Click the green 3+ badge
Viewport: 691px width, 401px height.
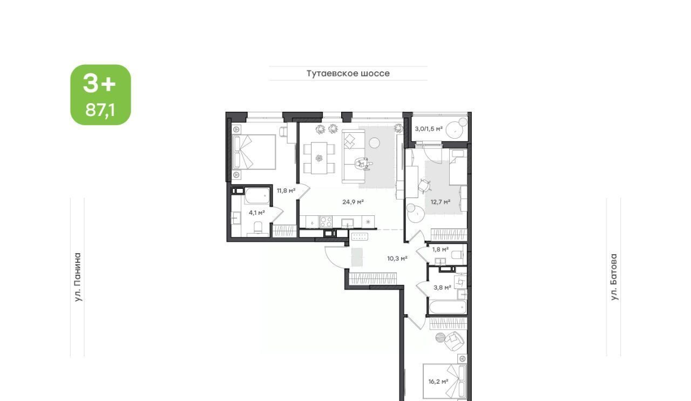100,94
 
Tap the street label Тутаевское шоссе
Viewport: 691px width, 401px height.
348,73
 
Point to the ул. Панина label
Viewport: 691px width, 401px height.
78,277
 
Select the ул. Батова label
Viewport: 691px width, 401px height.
614,277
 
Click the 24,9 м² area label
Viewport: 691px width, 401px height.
353,202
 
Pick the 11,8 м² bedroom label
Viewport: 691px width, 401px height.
286,191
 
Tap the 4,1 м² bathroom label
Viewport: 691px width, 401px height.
256,213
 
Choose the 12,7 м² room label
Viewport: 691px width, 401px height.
440,202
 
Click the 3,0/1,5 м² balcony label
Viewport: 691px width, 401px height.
429,129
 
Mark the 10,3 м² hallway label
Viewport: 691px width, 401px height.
397,259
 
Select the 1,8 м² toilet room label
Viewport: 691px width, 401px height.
440,249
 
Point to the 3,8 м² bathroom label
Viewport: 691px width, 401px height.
442,288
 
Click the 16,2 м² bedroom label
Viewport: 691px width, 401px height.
438,382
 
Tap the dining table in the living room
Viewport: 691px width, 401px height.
319,158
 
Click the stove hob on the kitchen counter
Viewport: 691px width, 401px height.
326,221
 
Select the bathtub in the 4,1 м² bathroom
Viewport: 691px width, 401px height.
258,196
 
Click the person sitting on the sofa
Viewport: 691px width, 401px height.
363,164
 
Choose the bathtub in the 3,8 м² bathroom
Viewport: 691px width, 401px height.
447,307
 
